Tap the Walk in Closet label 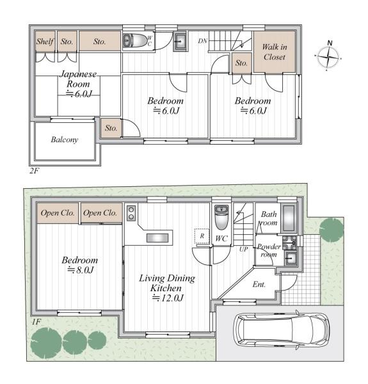[x=274, y=52]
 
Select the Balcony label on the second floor [x=65, y=140]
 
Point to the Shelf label [x=45, y=42]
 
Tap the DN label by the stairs [x=202, y=41]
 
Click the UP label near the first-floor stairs [x=244, y=250]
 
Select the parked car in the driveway [x=282, y=330]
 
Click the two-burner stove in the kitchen [x=131, y=213]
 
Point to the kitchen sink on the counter [x=157, y=238]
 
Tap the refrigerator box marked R [x=202, y=236]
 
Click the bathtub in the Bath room [x=289, y=218]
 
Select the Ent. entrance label [x=259, y=284]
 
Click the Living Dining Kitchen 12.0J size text [x=168, y=298]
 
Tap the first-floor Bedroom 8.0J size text [x=80, y=270]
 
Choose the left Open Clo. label [x=58, y=213]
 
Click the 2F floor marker [x=35, y=170]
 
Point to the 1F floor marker [x=36, y=322]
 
